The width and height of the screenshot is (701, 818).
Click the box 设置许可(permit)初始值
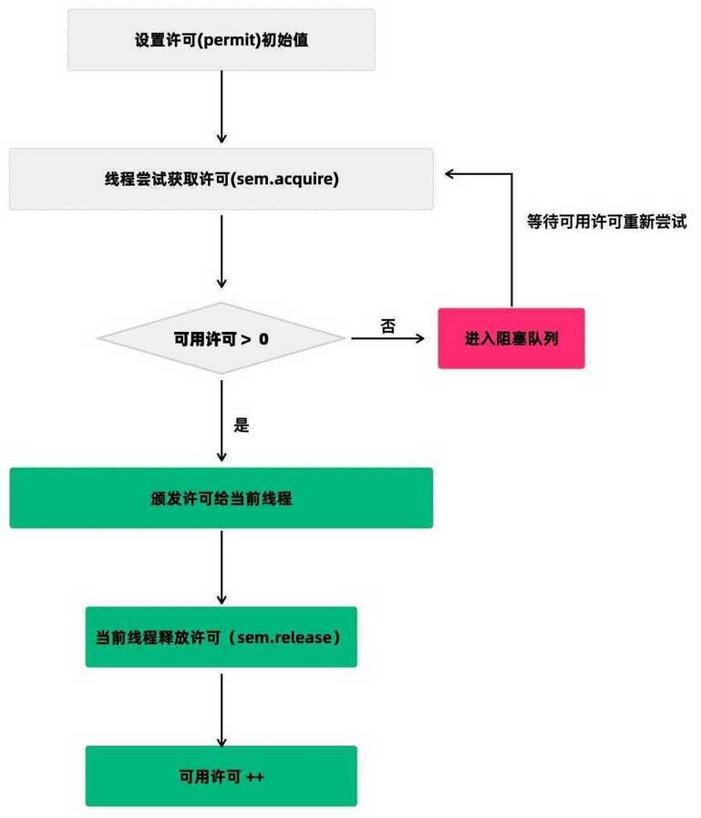point(222,39)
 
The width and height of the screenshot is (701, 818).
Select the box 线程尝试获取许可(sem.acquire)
point(222,179)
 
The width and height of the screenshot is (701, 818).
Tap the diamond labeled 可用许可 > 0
point(222,338)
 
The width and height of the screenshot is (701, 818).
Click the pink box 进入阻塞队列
point(511,338)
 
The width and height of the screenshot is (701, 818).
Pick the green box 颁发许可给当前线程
point(222,498)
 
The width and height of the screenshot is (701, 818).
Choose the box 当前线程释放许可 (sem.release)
point(222,637)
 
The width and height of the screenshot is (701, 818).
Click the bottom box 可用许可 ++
point(222,776)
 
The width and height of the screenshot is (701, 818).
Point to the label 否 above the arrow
point(388,326)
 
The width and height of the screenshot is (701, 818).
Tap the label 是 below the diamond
point(241,425)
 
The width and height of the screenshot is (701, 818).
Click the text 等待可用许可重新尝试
point(606,222)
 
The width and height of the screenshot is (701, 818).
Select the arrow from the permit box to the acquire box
point(222,107)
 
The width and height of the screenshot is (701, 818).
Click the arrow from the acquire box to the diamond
point(222,252)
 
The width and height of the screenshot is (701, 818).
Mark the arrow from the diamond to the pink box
point(388,338)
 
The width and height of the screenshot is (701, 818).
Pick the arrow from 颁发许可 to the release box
point(222,567)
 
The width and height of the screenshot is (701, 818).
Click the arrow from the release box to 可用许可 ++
point(222,710)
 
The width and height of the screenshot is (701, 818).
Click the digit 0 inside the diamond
point(263,339)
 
